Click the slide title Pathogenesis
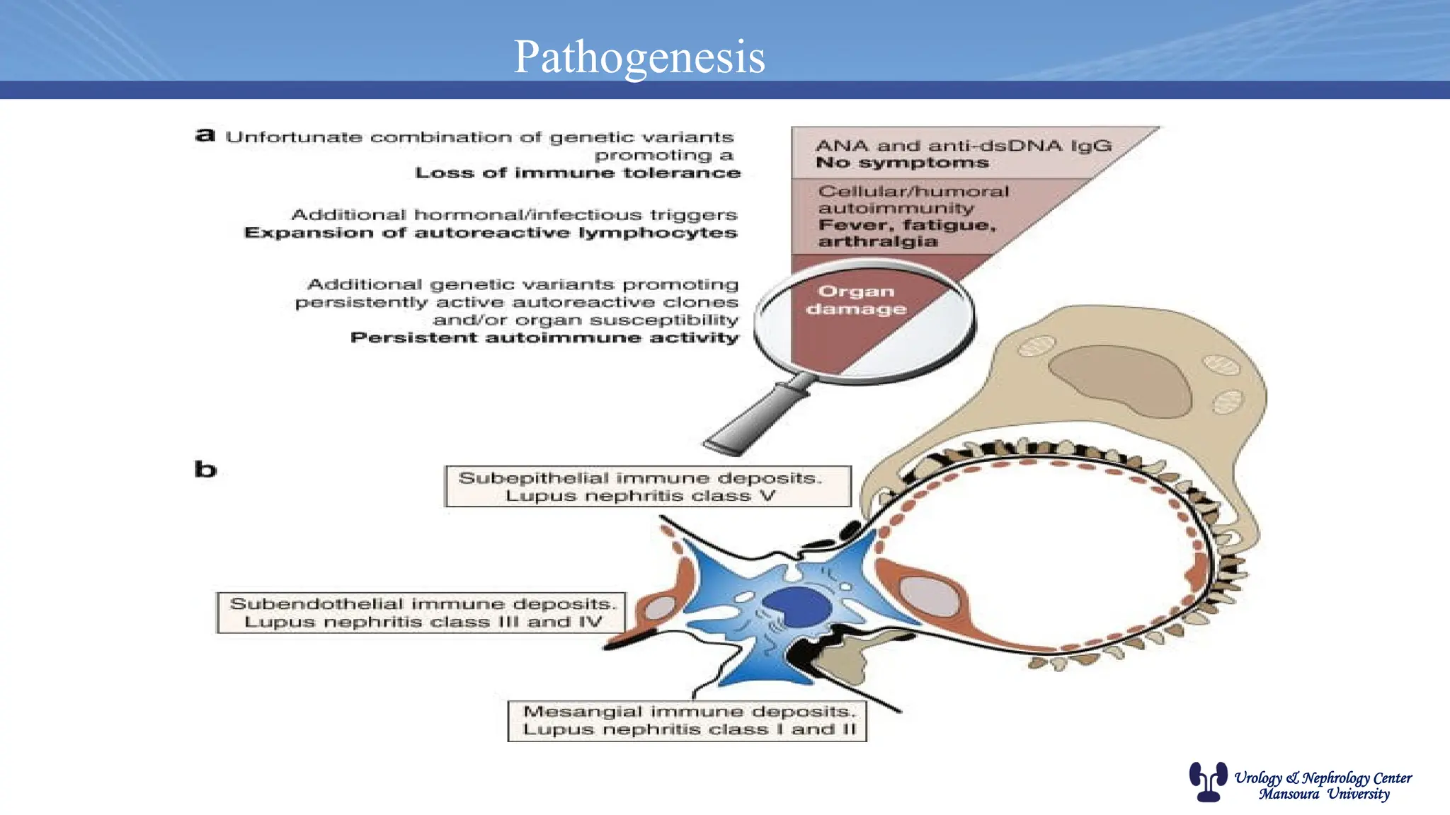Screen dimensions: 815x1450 (639, 57)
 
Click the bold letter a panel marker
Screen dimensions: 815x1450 (205, 135)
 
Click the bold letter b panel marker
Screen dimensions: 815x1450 (205, 469)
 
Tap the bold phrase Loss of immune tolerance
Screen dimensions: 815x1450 (577, 173)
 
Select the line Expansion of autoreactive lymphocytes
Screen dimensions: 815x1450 (490, 233)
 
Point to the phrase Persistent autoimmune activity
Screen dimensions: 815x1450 (544, 338)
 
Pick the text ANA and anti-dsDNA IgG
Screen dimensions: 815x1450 (963, 146)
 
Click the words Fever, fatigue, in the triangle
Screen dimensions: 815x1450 (907, 226)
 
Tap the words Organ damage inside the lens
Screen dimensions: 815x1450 (856, 301)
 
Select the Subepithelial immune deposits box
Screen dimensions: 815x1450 (647, 487)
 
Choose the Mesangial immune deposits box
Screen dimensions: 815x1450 (687, 721)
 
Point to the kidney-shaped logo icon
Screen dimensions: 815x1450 (1207, 782)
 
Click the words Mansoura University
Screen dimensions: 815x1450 (1323, 794)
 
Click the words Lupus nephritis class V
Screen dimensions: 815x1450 (640, 497)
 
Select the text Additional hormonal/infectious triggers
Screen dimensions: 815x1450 (514, 215)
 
